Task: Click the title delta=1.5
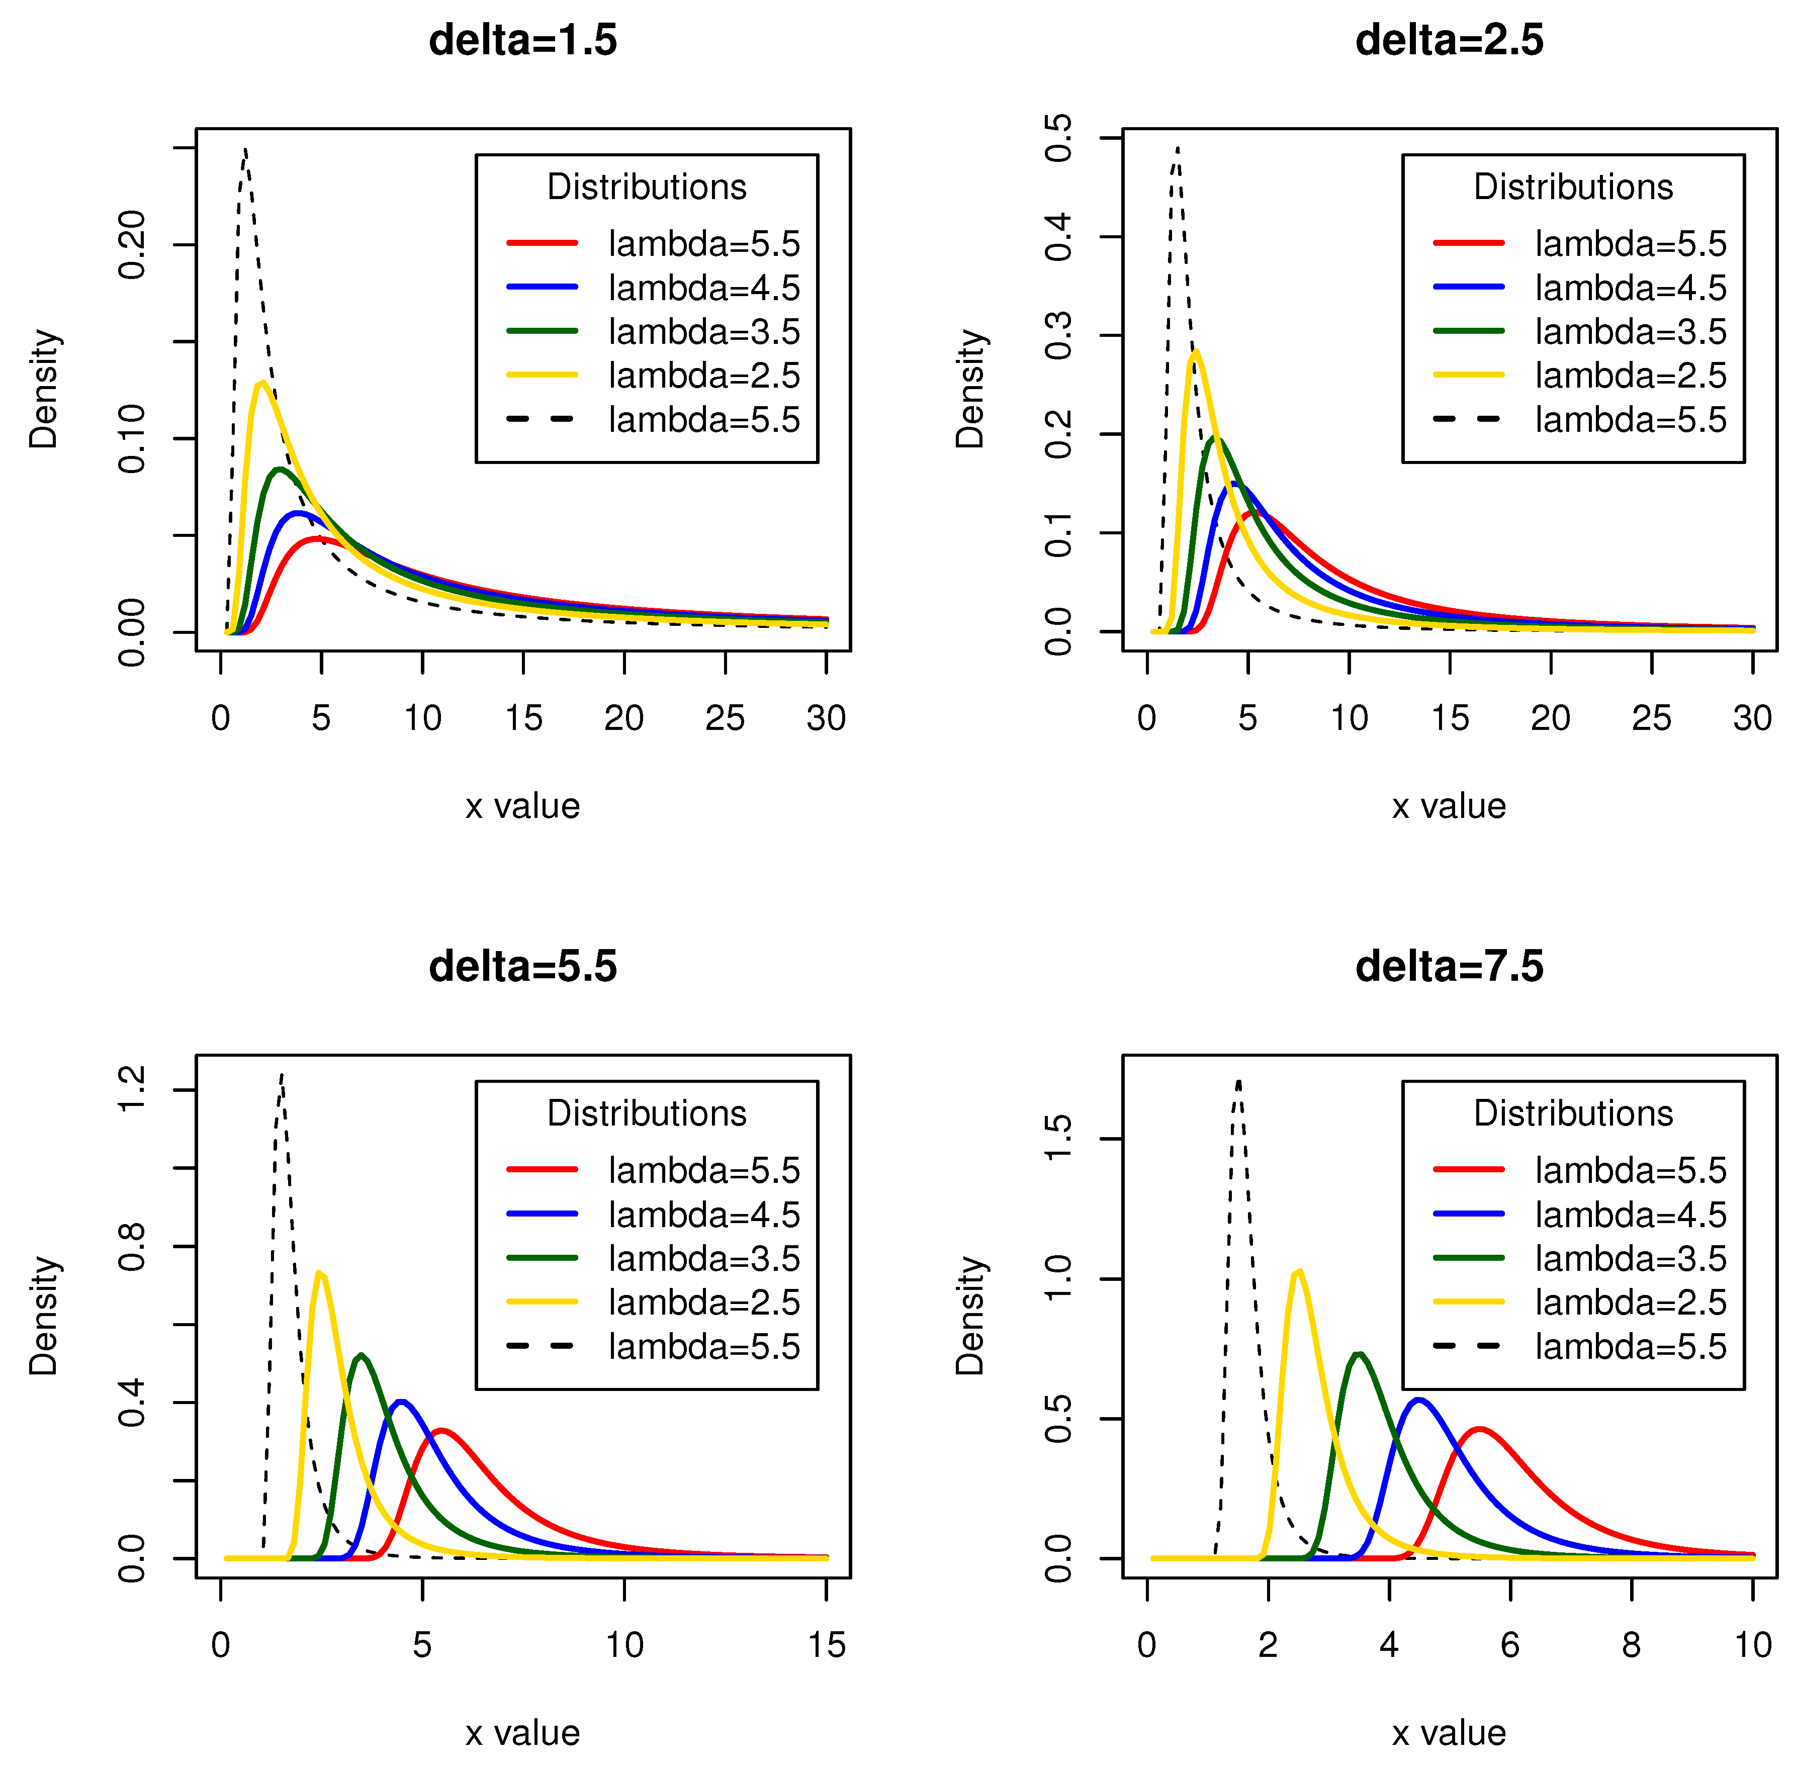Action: [x=523, y=41]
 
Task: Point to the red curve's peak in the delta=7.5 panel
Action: [x=1480, y=1429]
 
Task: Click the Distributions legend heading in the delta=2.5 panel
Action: [x=1573, y=187]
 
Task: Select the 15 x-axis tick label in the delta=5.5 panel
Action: [x=826, y=1644]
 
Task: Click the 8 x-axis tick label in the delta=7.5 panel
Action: [x=1631, y=1644]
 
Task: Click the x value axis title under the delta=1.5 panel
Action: [x=523, y=806]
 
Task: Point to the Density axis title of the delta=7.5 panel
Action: [x=970, y=1315]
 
